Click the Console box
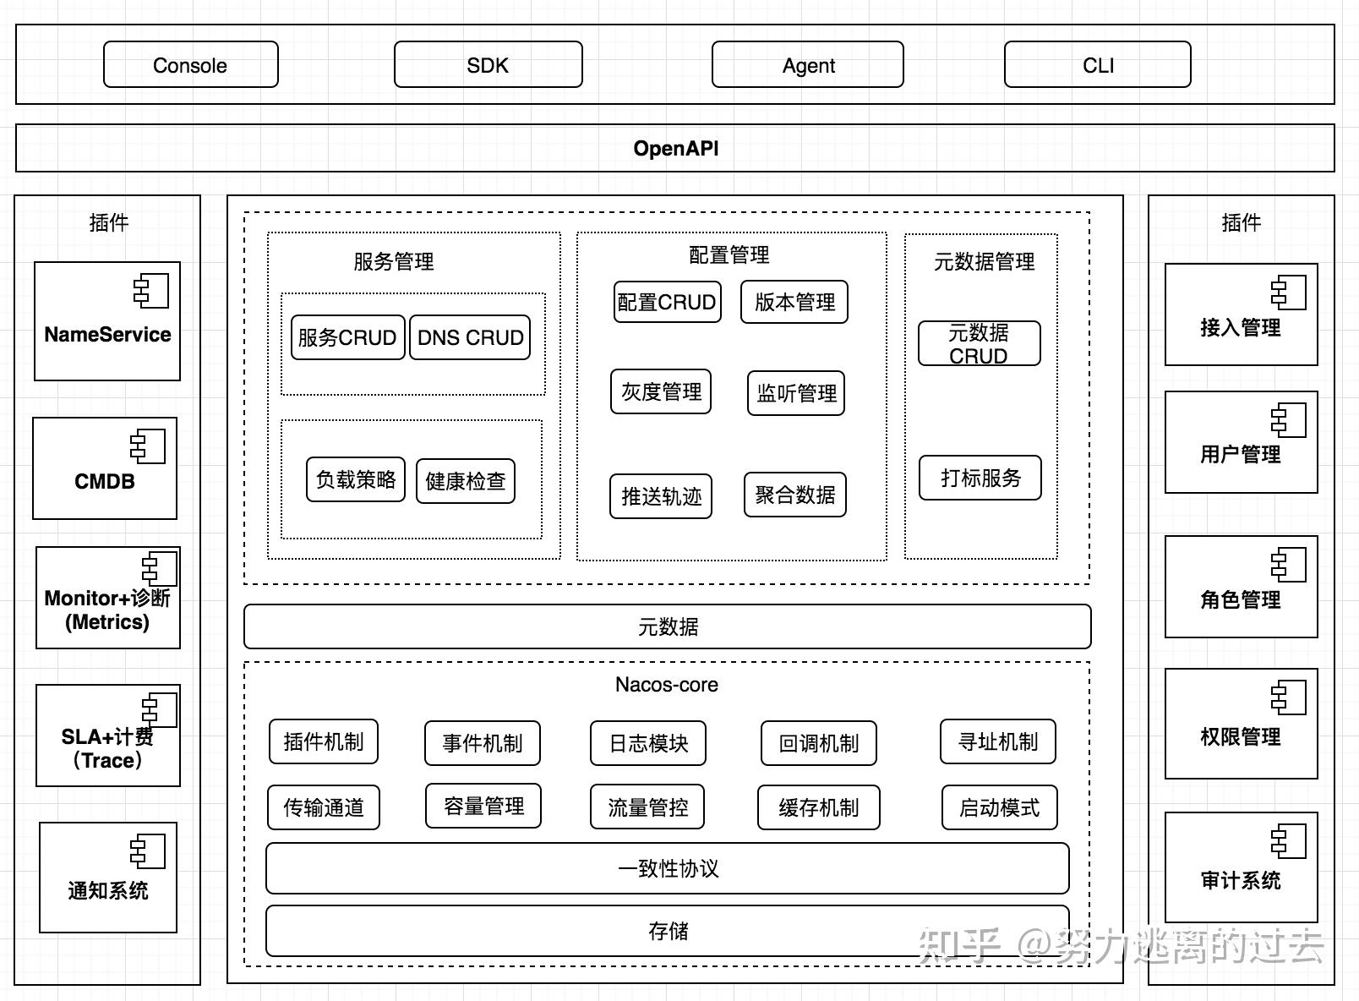pyautogui.click(x=190, y=64)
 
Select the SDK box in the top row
pyautogui.click(x=488, y=64)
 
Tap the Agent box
pyautogui.click(x=807, y=64)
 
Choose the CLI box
pyautogui.click(x=1098, y=64)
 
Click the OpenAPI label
pyautogui.click(x=676, y=148)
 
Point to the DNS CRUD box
pyautogui.click(x=470, y=337)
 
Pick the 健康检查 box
pyautogui.click(x=466, y=481)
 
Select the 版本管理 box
pyautogui.click(x=794, y=302)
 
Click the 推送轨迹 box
pyautogui.click(x=661, y=496)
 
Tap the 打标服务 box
pyautogui.click(x=980, y=478)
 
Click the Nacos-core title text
pyautogui.click(x=666, y=684)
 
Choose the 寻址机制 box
pyautogui.click(x=997, y=741)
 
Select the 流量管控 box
pyautogui.click(x=647, y=807)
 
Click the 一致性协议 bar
pyautogui.click(x=668, y=868)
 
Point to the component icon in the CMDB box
pyautogui.click(x=147, y=446)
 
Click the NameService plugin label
pyautogui.click(x=107, y=334)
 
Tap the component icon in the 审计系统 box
pyautogui.click(x=1288, y=840)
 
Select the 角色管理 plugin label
pyautogui.click(x=1241, y=599)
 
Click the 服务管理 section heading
pyautogui.click(x=394, y=261)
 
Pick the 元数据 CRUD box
pyautogui.click(x=980, y=343)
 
